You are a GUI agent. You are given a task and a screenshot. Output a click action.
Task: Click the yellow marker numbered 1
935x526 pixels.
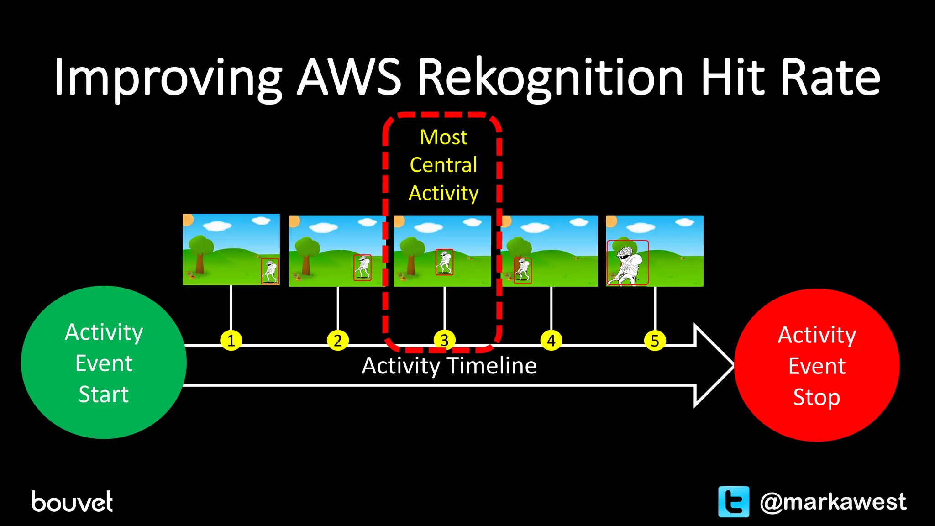pyautogui.click(x=231, y=341)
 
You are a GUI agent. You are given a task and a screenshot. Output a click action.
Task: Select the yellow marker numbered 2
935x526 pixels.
pyautogui.click(x=338, y=341)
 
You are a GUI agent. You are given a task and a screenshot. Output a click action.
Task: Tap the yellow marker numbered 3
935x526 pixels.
pyautogui.click(x=444, y=340)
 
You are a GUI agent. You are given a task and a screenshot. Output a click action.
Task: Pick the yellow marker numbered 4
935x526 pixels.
pyautogui.click(x=551, y=341)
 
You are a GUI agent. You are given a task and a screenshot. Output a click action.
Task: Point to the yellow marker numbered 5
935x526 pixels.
pyautogui.click(x=655, y=341)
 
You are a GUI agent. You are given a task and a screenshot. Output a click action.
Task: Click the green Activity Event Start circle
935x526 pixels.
pyautogui.click(x=104, y=363)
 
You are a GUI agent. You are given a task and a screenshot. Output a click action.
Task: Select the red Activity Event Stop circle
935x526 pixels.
pyautogui.click(x=817, y=365)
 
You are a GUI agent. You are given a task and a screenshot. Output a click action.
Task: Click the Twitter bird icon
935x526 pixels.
pyautogui.click(x=734, y=501)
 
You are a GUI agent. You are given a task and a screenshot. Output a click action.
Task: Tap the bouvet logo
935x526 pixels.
pyautogui.click(x=72, y=502)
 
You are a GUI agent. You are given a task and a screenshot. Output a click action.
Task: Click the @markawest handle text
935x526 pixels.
pyautogui.click(x=833, y=502)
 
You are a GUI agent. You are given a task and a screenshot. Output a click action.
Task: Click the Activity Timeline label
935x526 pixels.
pyautogui.click(x=449, y=366)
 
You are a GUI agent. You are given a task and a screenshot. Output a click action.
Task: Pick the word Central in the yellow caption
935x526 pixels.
pyautogui.click(x=443, y=165)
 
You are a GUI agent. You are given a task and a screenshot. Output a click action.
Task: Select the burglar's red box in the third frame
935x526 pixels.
pyautogui.click(x=444, y=262)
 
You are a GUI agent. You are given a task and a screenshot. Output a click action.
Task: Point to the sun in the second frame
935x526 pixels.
pyautogui.click(x=294, y=221)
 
